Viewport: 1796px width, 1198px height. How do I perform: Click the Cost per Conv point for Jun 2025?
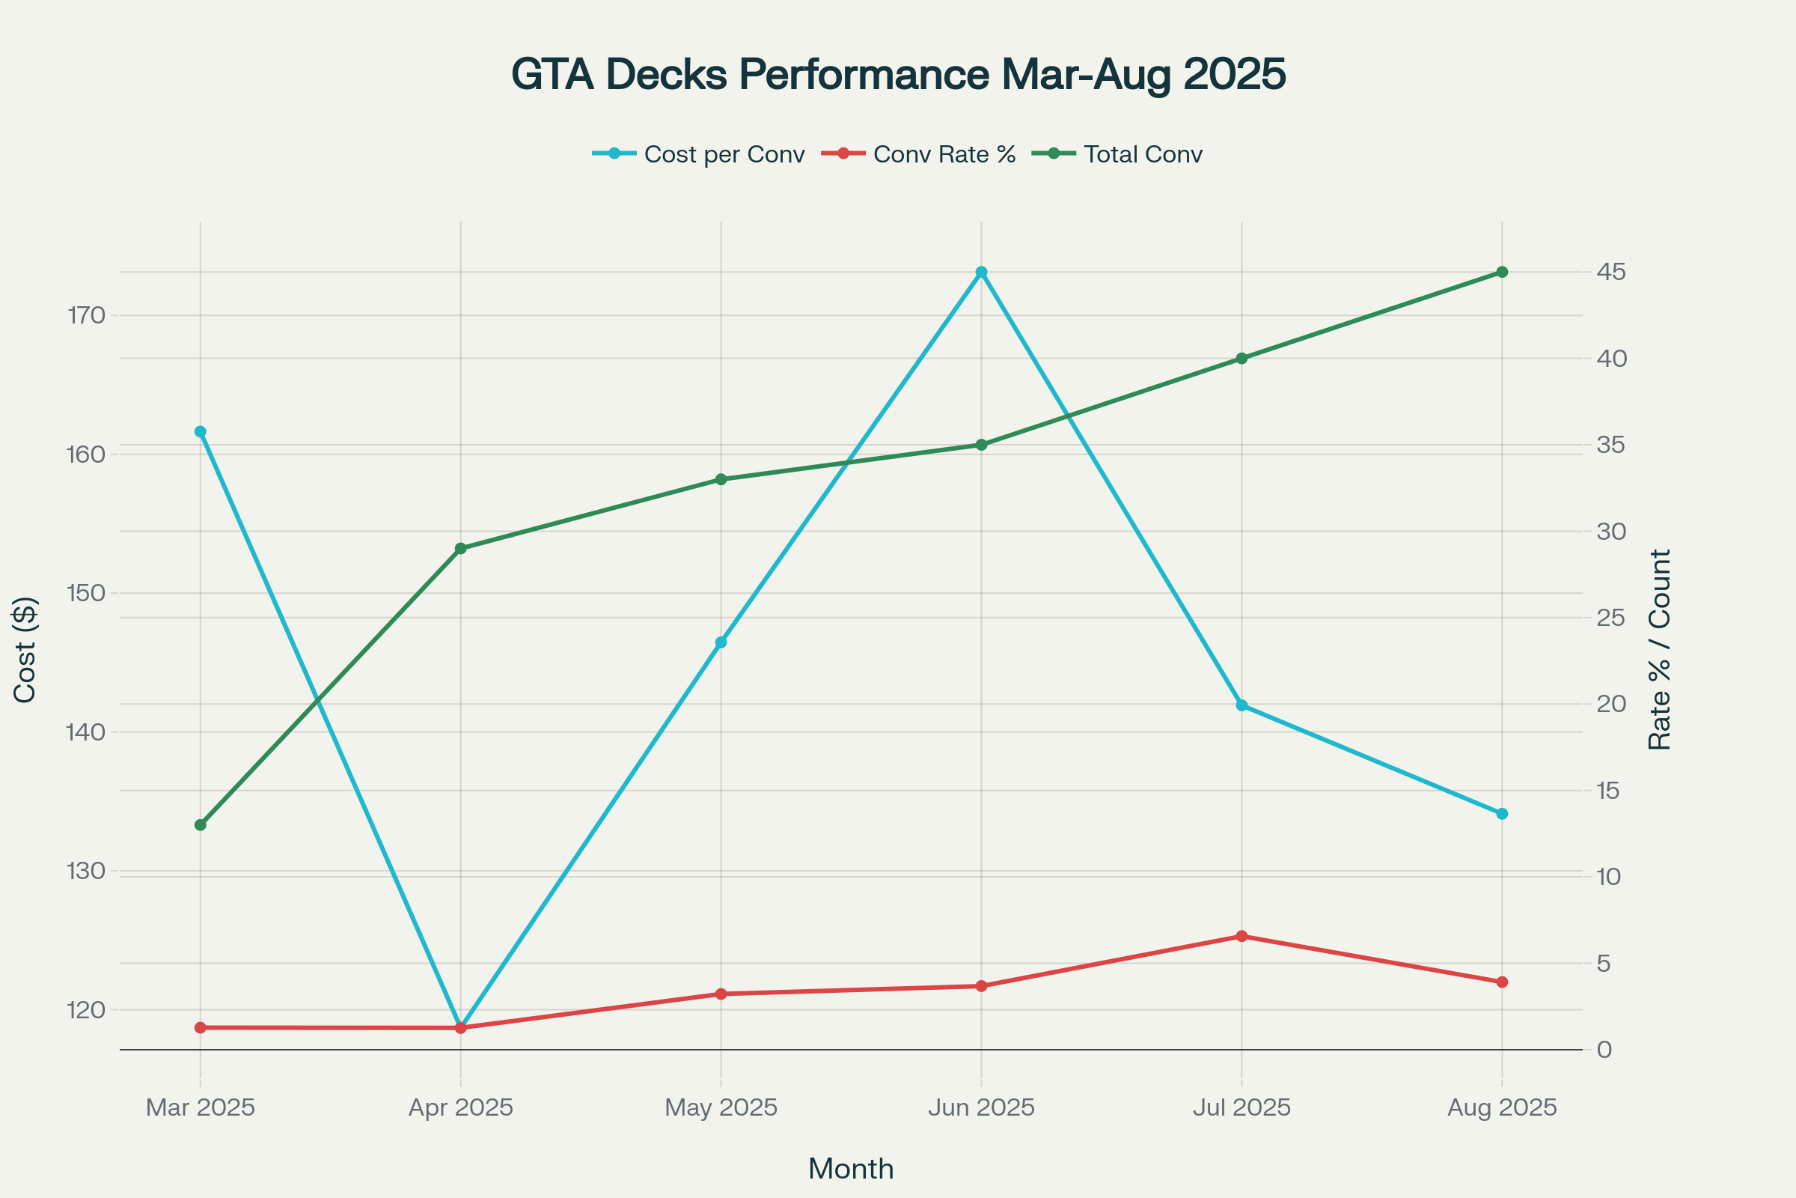click(x=981, y=272)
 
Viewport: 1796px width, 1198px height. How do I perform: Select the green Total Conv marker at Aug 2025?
click(x=1502, y=272)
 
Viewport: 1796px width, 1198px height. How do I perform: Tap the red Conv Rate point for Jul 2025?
click(x=1241, y=936)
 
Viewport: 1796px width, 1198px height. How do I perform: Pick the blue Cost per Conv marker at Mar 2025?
click(x=200, y=432)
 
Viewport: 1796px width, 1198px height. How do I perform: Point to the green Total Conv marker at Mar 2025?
click(x=200, y=825)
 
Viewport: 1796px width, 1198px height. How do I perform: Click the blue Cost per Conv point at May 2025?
click(x=721, y=642)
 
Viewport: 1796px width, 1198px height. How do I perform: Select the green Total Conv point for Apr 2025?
click(x=460, y=549)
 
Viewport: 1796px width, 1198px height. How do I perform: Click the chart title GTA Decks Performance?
click(x=898, y=74)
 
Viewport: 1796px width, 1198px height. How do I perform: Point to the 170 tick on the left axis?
click(x=86, y=314)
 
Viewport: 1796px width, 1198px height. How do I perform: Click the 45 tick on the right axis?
click(x=1610, y=272)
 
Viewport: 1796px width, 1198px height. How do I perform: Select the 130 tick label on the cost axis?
click(x=86, y=871)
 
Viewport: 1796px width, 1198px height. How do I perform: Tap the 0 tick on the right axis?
click(x=1604, y=1050)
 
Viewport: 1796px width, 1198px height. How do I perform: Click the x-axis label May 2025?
click(x=721, y=1107)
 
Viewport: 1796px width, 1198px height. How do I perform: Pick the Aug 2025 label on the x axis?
click(x=1502, y=1107)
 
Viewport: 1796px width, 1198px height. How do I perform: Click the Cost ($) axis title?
click(x=25, y=649)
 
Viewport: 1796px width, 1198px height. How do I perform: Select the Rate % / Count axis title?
click(x=1659, y=649)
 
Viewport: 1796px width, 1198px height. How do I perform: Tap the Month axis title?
click(x=851, y=1169)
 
